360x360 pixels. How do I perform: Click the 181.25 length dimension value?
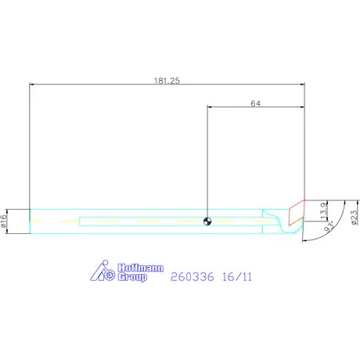pos(167,81)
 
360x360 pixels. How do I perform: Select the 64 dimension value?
pos(256,103)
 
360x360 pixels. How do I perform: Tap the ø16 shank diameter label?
pos(3,221)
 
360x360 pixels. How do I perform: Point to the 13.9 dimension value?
pos(324,211)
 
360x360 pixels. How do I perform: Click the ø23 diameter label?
pos(354,218)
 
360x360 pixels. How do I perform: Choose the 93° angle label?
pos(329,226)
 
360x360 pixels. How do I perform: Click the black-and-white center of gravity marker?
pos(207,221)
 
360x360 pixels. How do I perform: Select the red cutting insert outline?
pos(297,212)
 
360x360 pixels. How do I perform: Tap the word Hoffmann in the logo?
pos(141,268)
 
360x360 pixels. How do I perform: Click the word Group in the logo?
pos(132,277)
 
